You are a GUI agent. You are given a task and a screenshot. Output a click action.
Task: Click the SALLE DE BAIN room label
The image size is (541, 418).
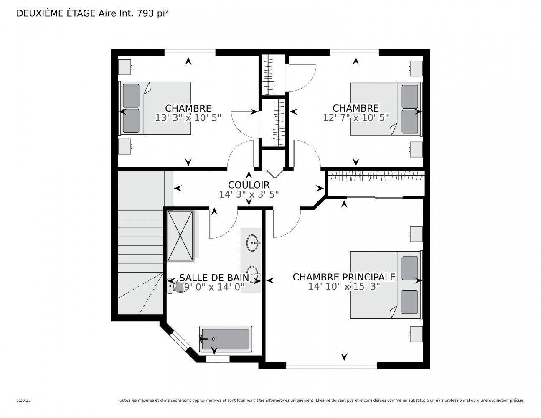(214, 278)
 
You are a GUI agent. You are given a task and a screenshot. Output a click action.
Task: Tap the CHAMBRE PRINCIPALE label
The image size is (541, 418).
(344, 277)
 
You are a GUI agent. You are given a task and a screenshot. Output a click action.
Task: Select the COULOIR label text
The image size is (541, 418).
(249, 185)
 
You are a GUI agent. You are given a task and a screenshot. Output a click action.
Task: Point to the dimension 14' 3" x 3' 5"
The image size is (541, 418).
(249, 194)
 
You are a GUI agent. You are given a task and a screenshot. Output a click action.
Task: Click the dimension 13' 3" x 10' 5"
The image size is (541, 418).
(188, 118)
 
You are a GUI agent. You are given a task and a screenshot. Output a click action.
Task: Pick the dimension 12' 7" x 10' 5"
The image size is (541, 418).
(356, 118)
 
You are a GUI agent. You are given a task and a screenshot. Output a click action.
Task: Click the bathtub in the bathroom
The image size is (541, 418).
(226, 339)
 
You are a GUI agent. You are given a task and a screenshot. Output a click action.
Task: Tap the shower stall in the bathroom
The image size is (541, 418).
(180, 236)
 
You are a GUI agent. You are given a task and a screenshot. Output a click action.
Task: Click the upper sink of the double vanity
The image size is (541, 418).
(252, 242)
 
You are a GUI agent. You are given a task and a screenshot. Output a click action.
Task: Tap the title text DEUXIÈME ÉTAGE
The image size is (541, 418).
(56, 13)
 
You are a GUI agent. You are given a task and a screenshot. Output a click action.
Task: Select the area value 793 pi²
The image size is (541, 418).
(153, 13)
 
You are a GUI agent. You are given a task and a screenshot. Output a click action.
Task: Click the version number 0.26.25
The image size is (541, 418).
(24, 400)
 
